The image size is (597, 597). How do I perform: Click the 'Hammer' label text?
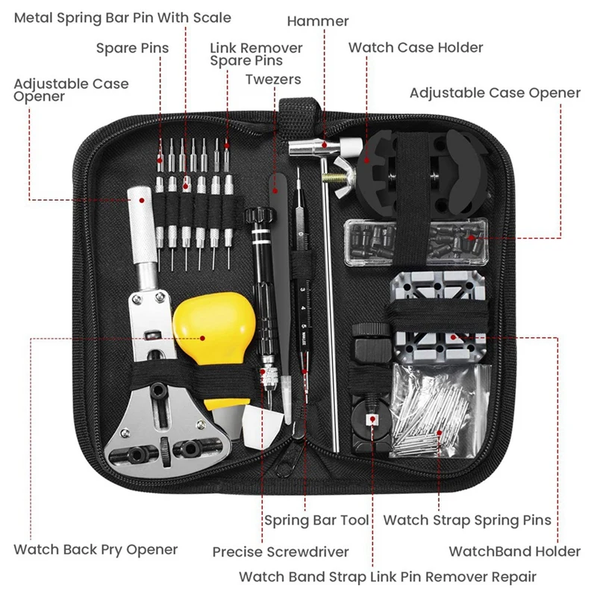pos(318,22)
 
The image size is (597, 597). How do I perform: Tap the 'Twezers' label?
pos(273,79)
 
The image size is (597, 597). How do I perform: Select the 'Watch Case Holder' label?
pos(416,48)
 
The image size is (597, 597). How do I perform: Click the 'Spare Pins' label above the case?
pos(132,49)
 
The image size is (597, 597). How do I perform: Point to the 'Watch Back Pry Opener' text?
pos(96,550)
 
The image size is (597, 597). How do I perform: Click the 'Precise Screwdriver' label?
pos(280,552)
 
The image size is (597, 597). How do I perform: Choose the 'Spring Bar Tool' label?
pos(316,520)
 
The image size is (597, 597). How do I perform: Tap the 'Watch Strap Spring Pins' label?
pos(467,520)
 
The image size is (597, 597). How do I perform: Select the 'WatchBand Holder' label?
pos(514,551)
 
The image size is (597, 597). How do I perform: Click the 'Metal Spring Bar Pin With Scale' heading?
pos(122,17)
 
